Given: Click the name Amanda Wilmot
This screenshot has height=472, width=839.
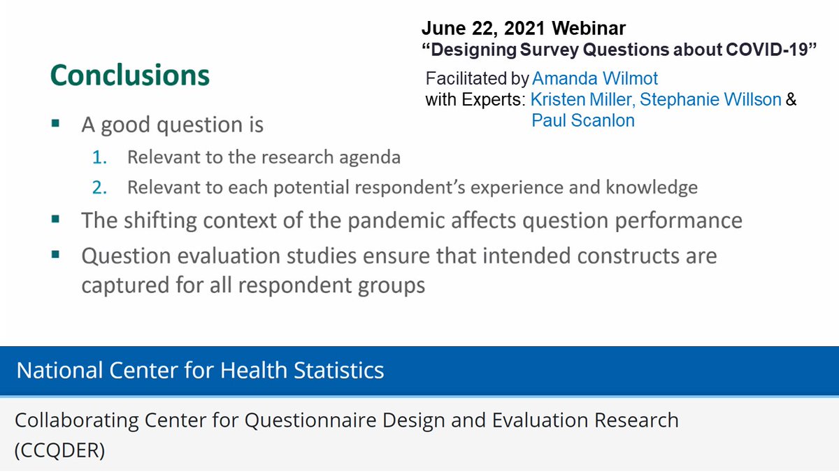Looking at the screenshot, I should [595, 79].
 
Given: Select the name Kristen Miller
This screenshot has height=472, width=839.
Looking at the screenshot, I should [580, 99].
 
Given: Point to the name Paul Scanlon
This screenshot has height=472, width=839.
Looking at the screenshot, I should [582, 120].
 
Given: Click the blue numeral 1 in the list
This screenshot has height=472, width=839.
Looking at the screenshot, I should [99, 157].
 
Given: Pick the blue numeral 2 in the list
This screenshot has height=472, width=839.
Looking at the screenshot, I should [99, 187].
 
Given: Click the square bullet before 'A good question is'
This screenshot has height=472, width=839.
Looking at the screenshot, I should [55, 124].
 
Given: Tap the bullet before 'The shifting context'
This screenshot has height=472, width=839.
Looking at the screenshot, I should [55, 220].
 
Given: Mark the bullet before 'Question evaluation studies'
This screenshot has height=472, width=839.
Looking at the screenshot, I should [55, 255].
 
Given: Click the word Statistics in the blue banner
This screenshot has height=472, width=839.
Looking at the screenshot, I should [334, 370].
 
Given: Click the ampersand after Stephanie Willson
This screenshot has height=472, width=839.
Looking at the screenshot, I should [791, 99].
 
